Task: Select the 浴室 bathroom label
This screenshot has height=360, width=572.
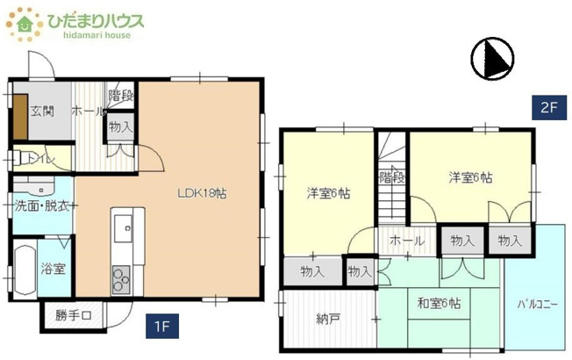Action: [x=53, y=268]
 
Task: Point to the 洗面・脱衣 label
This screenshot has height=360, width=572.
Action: [x=41, y=206]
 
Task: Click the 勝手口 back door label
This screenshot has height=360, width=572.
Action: [x=73, y=314]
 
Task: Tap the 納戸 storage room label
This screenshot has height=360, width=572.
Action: [x=328, y=318]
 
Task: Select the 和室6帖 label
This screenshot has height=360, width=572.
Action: [x=439, y=304]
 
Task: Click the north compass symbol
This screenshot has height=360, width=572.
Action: [x=491, y=59]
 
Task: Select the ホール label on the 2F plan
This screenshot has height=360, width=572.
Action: [x=407, y=240]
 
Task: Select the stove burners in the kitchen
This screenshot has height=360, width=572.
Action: [x=118, y=280]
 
